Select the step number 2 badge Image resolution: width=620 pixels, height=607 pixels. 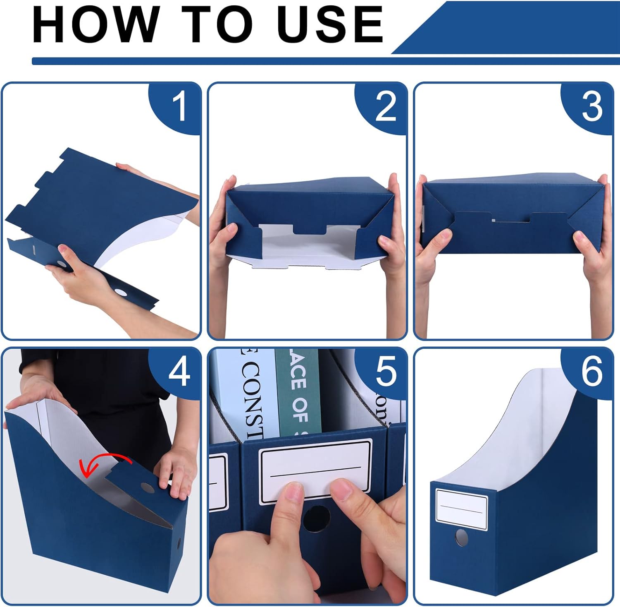click(385, 107)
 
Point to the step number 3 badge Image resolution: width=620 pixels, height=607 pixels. click(592, 107)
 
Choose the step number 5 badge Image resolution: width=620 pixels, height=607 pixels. click(385, 372)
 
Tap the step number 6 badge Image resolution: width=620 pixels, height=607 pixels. click(592, 372)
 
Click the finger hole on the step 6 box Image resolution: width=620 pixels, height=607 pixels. click(461, 537)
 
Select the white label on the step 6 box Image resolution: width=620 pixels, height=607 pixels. click(461, 509)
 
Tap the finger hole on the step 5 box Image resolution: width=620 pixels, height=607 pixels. click(316, 518)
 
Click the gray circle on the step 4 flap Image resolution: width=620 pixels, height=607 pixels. click(147, 487)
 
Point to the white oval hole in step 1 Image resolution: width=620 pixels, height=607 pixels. click(121, 293)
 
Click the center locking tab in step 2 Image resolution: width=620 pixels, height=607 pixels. click(310, 229)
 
